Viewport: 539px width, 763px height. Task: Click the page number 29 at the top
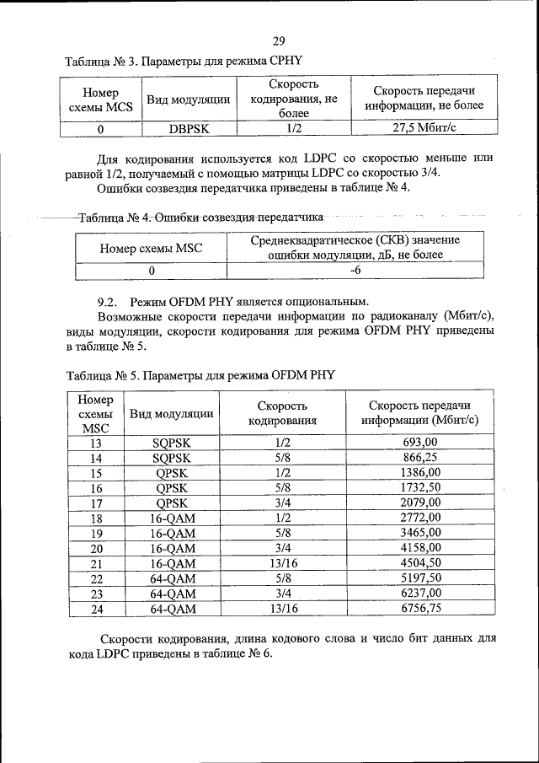coord(280,40)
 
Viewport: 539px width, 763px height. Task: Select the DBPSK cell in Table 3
coord(189,129)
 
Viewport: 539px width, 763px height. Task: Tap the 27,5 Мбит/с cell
coord(424,129)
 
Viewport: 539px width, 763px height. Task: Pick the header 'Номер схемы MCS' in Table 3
coord(100,99)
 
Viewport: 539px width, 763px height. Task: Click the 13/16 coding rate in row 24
coord(282,609)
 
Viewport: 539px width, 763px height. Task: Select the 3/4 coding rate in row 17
coord(282,503)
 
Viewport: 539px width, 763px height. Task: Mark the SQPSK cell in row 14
coord(172,458)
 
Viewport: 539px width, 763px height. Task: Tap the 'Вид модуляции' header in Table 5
coord(172,413)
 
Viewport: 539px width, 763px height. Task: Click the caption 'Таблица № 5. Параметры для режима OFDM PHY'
coord(200,376)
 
